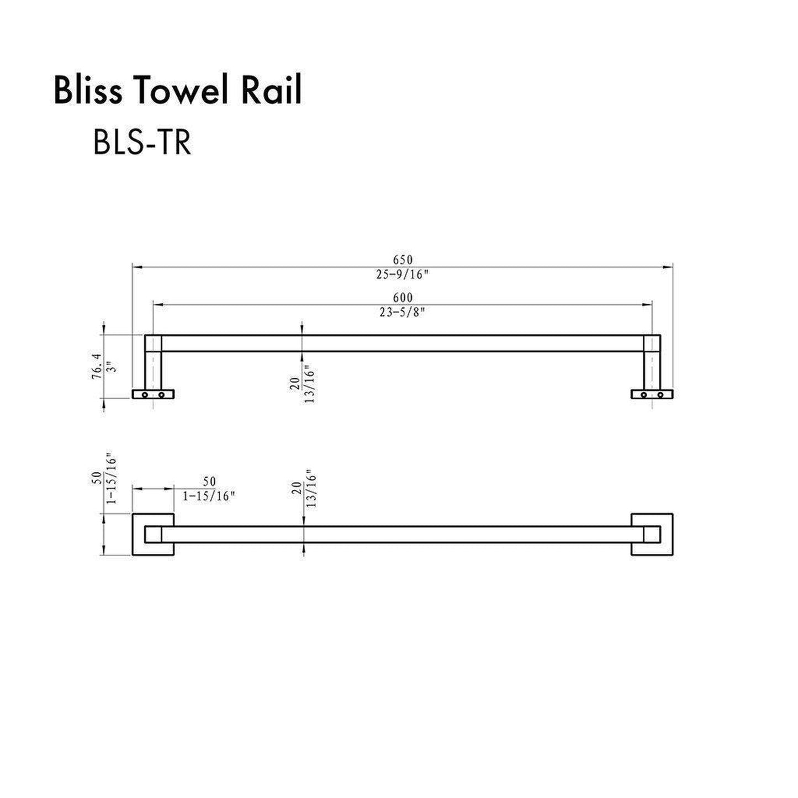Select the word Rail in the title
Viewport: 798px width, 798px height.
pos(271,91)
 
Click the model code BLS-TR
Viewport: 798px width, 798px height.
pos(142,143)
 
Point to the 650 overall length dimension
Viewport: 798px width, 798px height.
pos(403,260)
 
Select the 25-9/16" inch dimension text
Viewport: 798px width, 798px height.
pos(403,274)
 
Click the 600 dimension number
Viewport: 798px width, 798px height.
pos(403,298)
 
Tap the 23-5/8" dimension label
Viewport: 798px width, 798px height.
pos(403,313)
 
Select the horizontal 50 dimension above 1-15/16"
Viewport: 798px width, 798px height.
pos(209,482)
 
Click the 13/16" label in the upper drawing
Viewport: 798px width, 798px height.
pos(309,384)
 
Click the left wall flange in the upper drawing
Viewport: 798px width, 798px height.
pos(153,394)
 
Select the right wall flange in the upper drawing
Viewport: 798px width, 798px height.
pos(652,394)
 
